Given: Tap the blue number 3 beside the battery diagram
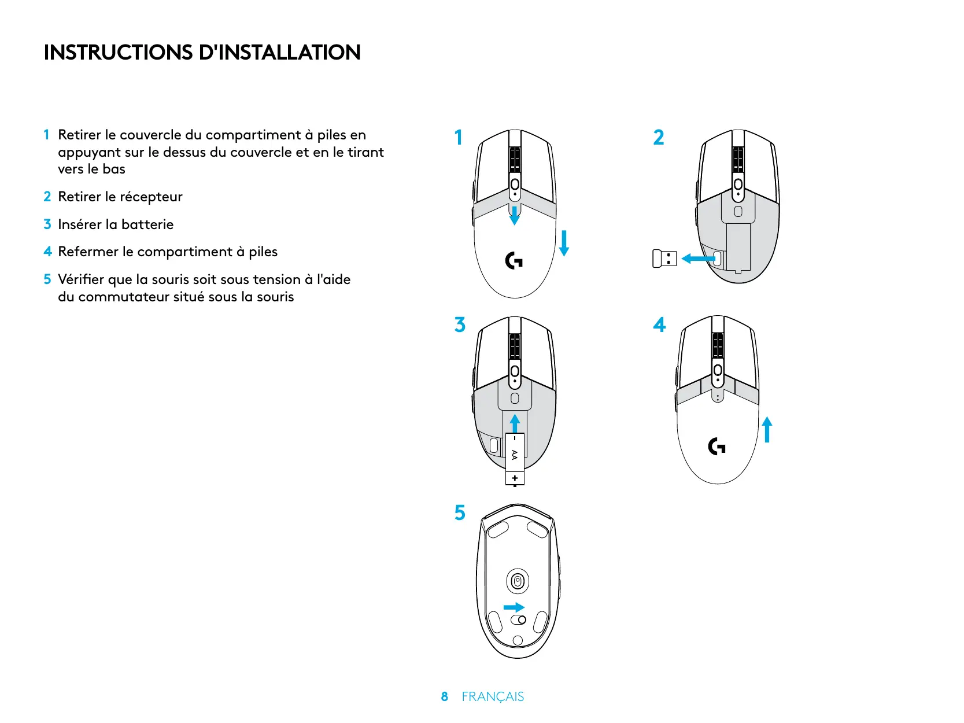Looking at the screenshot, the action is click(x=460, y=325).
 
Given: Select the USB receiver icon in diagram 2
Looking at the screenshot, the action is click(x=664, y=259).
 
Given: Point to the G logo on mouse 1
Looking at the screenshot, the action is click(x=514, y=261).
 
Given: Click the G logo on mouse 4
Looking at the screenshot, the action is click(x=716, y=447).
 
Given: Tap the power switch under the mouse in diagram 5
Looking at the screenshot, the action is click(x=519, y=620).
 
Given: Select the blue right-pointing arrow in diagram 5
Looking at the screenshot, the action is click(x=514, y=607).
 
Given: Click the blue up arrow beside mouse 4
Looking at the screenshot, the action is click(x=767, y=430).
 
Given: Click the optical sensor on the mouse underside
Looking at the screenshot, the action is click(x=518, y=581).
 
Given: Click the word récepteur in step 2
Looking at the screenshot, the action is click(x=151, y=197).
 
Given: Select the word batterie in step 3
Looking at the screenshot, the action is click(x=147, y=224).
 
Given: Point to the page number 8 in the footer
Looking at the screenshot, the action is click(x=444, y=696).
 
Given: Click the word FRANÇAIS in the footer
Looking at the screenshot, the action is click(x=493, y=696).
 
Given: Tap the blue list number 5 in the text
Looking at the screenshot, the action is click(x=47, y=279).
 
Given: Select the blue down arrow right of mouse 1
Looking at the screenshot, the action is click(x=564, y=243).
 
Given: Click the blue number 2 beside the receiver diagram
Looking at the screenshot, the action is click(x=659, y=138).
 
